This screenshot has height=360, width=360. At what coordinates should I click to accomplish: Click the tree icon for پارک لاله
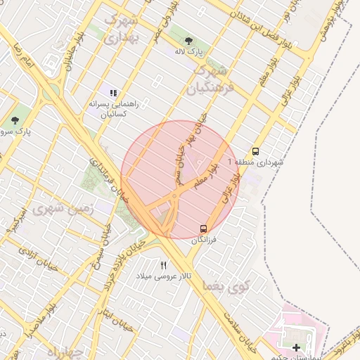click(190, 40)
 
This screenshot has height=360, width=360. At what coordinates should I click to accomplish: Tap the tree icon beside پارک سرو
click(15, 120)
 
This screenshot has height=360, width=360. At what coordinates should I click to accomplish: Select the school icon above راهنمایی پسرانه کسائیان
click(113, 92)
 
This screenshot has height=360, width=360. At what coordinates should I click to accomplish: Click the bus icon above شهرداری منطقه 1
click(255, 151)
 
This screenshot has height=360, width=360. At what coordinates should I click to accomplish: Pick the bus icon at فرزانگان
click(203, 229)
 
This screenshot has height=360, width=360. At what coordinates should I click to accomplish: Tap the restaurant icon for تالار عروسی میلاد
click(164, 265)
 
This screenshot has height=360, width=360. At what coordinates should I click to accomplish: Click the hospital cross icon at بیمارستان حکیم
click(296, 347)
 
